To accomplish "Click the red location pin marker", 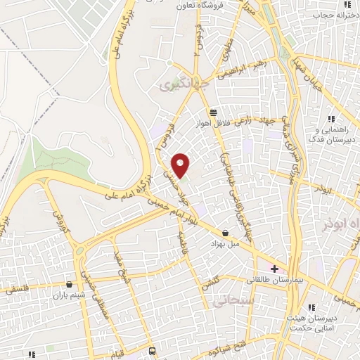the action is point(181,165).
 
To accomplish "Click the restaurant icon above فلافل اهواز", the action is point(213,112).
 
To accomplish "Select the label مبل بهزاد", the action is point(225,243).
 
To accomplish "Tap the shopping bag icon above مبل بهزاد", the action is point(225,232).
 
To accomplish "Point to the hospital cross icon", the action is point(274,269).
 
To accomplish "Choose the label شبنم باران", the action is point(69,295).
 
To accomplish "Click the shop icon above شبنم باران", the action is point(69,284).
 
